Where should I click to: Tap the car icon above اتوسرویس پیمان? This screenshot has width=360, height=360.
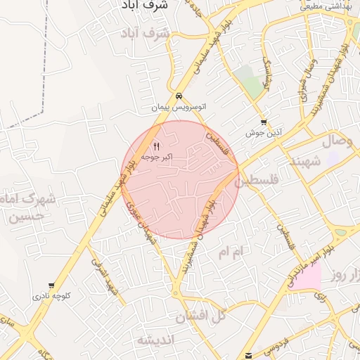(180, 97)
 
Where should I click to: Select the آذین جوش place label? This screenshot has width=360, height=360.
(264, 132)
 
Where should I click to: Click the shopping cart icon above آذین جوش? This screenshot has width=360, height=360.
(264, 122)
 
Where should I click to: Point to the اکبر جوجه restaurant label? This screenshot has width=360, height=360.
(157, 157)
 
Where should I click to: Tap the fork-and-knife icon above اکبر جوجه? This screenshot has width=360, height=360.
(156, 146)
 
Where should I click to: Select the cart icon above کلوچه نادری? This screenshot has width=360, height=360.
(51, 285)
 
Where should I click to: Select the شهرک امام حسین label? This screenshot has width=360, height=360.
(30, 207)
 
